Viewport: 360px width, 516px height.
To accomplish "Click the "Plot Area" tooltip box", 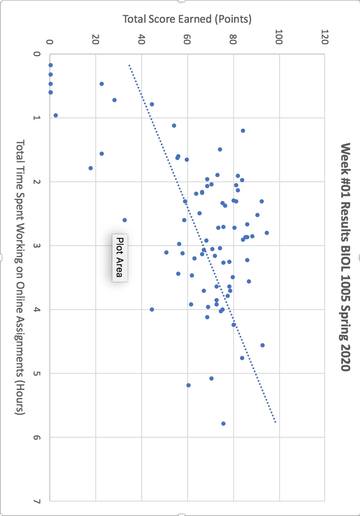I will [x=120, y=257].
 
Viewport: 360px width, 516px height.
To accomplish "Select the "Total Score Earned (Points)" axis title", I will [x=187, y=19].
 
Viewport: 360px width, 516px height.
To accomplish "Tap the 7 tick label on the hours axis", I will [x=37, y=501].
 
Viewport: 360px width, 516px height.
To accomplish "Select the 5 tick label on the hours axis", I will [x=37, y=373].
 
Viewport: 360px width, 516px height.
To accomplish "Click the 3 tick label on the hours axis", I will [x=37, y=246].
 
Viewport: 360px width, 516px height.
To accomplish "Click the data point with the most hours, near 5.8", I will [x=223, y=424].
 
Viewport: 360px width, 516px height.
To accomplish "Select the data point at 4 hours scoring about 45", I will [x=152, y=310].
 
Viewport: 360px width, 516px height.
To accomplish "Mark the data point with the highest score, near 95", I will [x=267, y=233].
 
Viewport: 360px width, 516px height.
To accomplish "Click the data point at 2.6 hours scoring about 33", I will [x=125, y=220].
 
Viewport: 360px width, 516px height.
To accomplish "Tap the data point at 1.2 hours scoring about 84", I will [x=243, y=131].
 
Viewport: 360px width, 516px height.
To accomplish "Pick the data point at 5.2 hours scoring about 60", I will [x=189, y=385].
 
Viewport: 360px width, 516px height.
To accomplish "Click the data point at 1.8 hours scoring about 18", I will [x=91, y=168].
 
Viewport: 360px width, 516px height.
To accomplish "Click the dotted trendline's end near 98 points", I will [x=275, y=421].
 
